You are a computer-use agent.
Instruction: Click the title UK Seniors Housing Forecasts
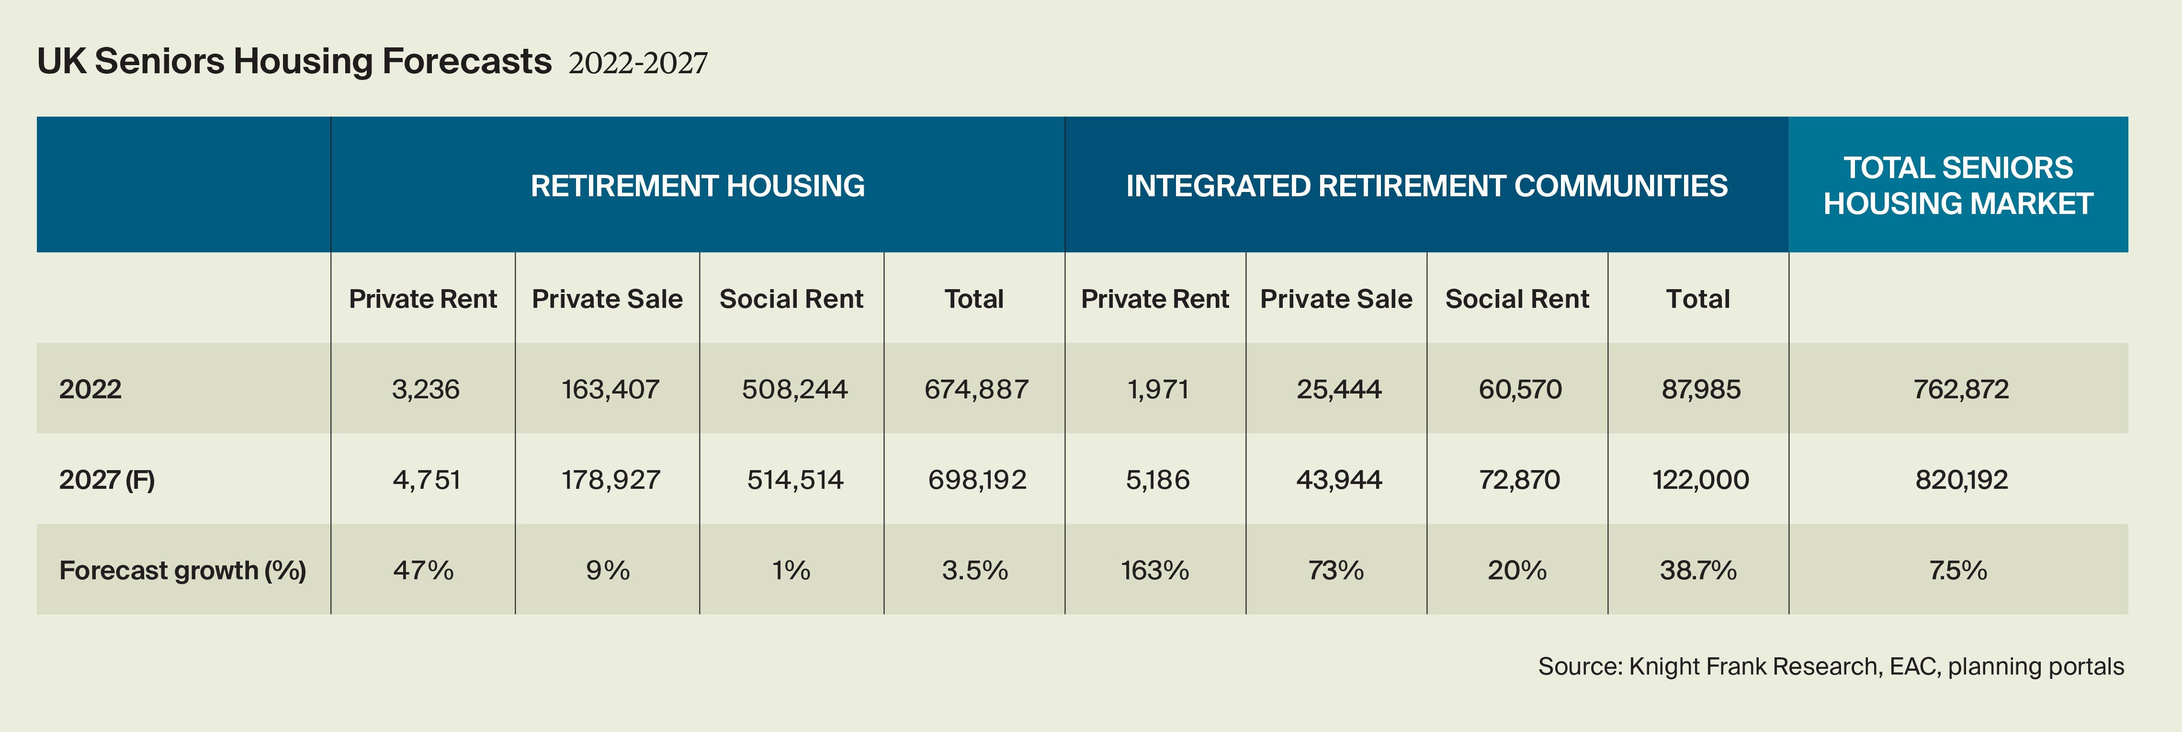[294, 62]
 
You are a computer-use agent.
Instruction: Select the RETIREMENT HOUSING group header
[697, 186]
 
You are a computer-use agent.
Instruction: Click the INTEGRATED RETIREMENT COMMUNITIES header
[1426, 186]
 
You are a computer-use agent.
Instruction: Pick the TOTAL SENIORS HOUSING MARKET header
[1957, 186]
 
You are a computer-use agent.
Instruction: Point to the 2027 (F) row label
[107, 480]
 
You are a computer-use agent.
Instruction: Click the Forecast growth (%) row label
[182, 570]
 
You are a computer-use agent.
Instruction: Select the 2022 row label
[90, 389]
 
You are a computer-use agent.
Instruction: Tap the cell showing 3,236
[425, 389]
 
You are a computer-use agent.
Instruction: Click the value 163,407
[610, 389]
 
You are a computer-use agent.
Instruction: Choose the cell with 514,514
[794, 480]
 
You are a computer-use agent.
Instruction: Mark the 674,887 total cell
[976, 389]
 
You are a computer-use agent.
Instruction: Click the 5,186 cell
[1157, 480]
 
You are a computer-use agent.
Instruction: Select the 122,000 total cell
[1700, 480]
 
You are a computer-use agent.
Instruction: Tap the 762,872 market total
[1960, 389]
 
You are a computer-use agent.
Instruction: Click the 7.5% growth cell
[1957, 570]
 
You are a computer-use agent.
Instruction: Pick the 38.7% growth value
[1697, 570]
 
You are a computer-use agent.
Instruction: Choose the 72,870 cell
[1519, 480]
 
